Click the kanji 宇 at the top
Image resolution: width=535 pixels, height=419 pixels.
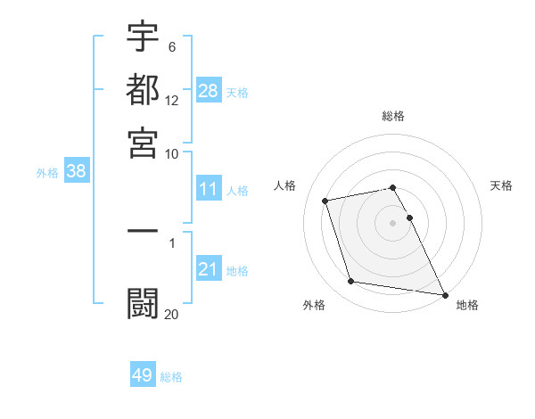(x=143, y=37)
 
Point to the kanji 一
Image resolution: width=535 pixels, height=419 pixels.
(x=143, y=231)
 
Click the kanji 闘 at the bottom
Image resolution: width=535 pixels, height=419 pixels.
(x=143, y=300)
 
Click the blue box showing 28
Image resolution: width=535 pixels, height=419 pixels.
(x=209, y=91)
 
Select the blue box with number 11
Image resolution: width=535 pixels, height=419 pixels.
(x=209, y=189)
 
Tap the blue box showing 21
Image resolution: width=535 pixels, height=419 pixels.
(x=209, y=269)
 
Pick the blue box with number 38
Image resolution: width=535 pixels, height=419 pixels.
(x=76, y=172)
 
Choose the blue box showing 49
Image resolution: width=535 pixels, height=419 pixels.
(x=143, y=375)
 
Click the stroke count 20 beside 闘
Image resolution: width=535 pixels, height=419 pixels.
(x=171, y=313)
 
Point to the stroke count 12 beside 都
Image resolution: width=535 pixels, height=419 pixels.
(x=172, y=100)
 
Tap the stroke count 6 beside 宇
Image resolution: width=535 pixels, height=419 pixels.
(x=171, y=47)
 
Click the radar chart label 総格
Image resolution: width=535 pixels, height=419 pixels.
(x=393, y=116)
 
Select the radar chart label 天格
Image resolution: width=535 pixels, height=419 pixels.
(x=501, y=185)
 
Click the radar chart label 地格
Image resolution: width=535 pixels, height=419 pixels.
(x=467, y=305)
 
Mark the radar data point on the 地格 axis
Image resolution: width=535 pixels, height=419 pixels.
(x=444, y=293)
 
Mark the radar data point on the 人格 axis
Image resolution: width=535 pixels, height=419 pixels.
(x=325, y=200)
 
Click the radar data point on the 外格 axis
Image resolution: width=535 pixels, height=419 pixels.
(x=351, y=282)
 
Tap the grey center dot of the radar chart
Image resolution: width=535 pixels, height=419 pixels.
(x=393, y=222)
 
